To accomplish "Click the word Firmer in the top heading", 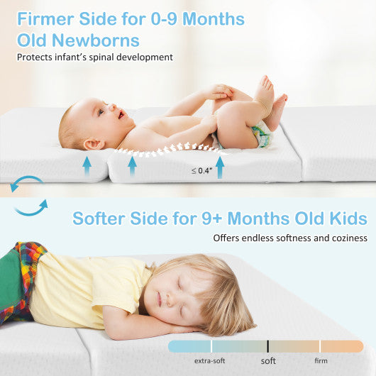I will (50, 19).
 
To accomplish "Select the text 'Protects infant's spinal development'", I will (95, 57).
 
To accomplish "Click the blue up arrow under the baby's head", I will (87, 165).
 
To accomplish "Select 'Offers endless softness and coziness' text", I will (290, 238).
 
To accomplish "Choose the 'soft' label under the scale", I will (268, 361).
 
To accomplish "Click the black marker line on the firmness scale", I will (267, 346).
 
